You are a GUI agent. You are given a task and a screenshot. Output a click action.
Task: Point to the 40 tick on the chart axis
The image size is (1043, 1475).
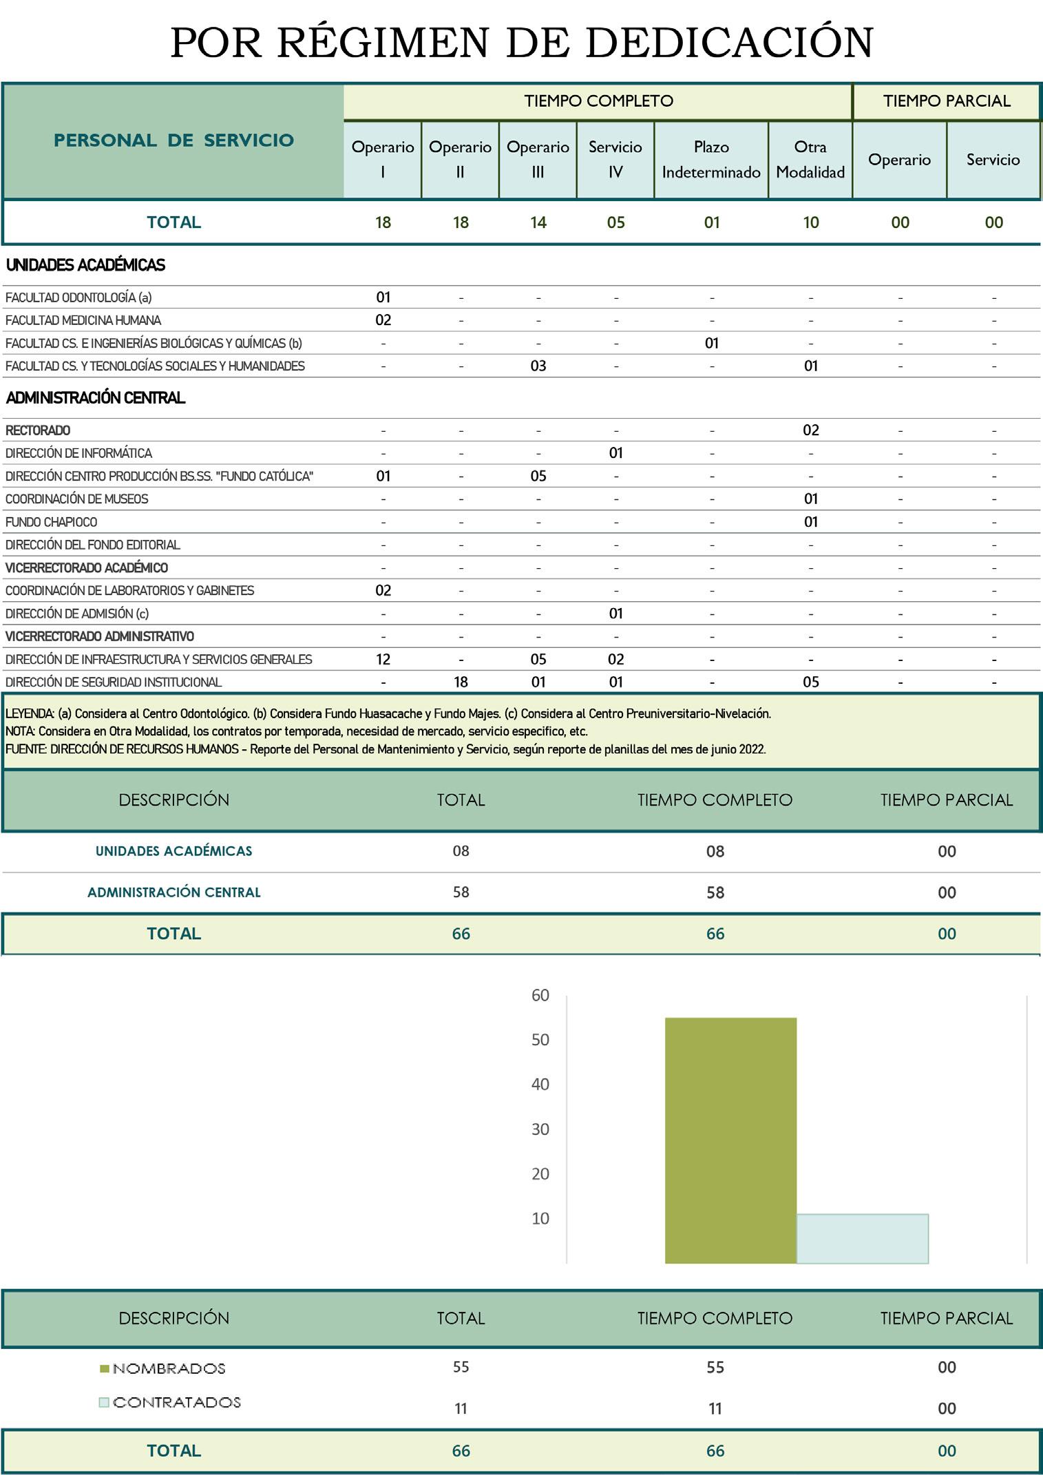click(x=540, y=1084)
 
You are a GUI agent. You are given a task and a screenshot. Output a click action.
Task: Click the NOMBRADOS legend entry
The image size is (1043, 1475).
click(x=169, y=1368)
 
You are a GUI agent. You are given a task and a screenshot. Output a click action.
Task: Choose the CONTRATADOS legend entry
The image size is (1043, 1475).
click(x=176, y=1402)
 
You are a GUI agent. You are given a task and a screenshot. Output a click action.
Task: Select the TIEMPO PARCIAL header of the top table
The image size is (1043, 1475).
click(x=947, y=101)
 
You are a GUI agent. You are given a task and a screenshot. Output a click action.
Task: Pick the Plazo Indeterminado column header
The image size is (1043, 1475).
click(x=711, y=159)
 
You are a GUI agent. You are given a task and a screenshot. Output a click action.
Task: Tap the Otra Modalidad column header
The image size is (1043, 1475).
click(x=810, y=159)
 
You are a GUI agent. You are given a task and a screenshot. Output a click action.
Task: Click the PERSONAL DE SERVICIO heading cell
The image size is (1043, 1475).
click(x=173, y=140)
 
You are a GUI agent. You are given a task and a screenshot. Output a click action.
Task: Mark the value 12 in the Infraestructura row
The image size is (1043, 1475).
click(x=383, y=659)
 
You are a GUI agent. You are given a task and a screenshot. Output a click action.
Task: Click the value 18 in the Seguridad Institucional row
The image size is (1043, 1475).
click(x=461, y=682)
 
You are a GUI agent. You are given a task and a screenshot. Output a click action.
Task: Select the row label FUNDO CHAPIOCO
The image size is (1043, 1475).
click(x=52, y=522)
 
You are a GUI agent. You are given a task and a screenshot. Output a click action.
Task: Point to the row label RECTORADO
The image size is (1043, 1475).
click(x=38, y=430)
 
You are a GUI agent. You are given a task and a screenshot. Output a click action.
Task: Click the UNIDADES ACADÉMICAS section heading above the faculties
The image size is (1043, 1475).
click(x=85, y=265)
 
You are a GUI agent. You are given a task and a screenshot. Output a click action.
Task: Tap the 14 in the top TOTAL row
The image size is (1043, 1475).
click(x=538, y=222)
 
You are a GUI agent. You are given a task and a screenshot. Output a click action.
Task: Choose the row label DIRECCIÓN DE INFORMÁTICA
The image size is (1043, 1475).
click(x=78, y=453)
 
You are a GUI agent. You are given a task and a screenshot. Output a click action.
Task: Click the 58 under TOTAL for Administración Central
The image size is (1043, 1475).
click(x=461, y=892)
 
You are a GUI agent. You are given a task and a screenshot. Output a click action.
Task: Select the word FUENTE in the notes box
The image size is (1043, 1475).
click(x=25, y=749)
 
